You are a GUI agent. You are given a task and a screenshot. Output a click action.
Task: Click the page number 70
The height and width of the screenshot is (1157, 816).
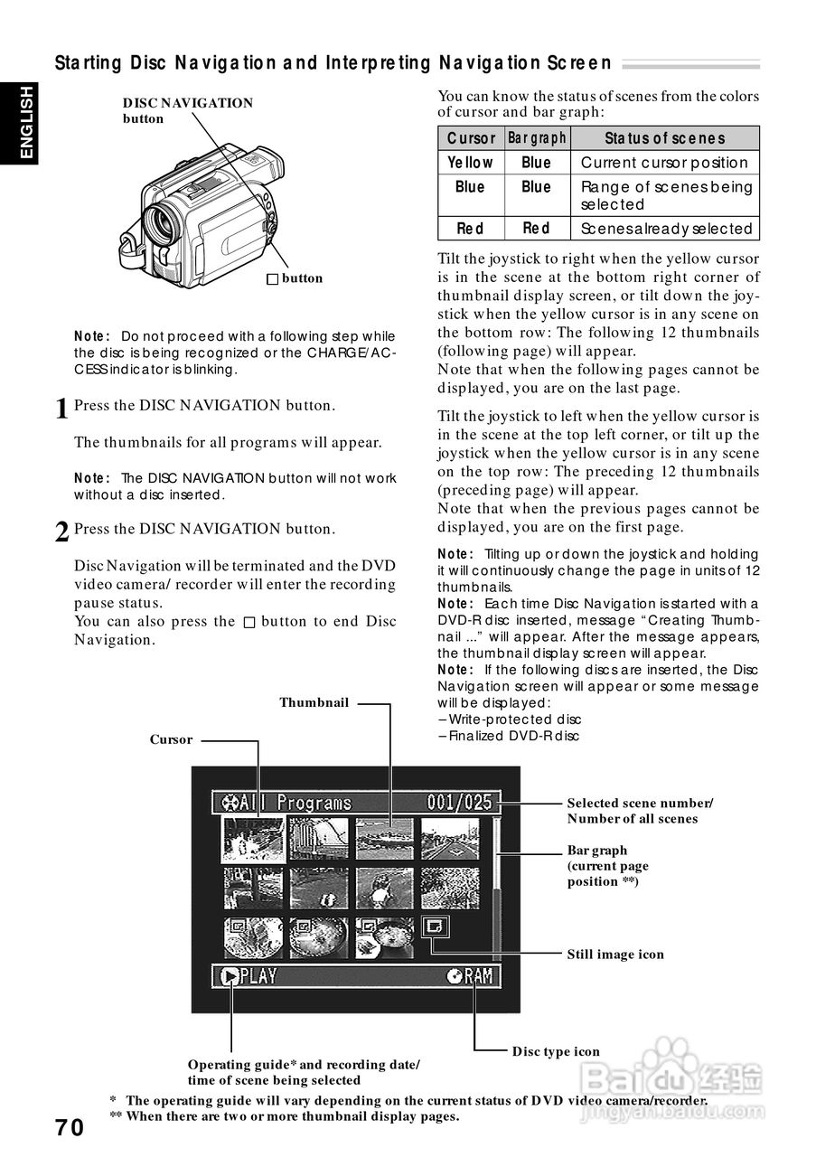tap(70, 1128)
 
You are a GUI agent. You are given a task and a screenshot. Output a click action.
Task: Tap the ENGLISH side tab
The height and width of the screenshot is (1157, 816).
tap(26, 122)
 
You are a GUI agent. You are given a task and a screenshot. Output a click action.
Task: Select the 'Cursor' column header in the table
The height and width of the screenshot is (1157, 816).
tap(471, 138)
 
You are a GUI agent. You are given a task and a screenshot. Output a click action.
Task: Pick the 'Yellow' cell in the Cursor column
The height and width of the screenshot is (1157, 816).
tap(471, 163)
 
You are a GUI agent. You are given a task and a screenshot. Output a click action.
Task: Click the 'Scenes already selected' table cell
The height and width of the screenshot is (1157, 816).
tap(666, 229)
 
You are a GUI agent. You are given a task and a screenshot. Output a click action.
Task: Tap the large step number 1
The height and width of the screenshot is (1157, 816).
tap(61, 409)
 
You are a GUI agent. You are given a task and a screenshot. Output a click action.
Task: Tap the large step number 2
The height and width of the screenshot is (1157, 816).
tap(61, 532)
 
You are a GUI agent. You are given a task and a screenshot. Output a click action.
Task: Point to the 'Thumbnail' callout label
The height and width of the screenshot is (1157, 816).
tap(314, 702)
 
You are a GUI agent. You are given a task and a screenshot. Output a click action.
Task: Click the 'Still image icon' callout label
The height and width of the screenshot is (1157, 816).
tap(614, 955)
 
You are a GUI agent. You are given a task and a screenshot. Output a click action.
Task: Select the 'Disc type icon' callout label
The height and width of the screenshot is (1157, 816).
tap(556, 1051)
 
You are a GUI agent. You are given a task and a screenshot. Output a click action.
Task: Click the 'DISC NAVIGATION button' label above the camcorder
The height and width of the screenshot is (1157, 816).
tap(187, 110)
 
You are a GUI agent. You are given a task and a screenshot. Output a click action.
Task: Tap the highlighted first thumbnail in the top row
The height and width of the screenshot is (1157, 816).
tap(253, 839)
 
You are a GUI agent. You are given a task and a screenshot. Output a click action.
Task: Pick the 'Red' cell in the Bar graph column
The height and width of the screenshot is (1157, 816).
tap(536, 229)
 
